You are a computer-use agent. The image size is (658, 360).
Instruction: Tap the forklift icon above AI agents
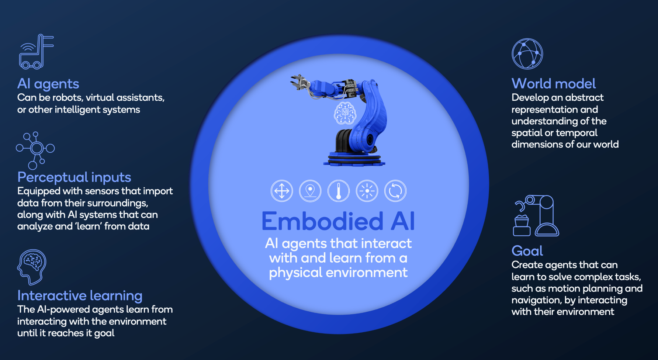coord(36,52)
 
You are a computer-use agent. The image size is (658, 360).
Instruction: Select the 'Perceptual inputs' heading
coord(74,177)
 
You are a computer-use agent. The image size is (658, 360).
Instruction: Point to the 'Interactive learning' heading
coord(80,295)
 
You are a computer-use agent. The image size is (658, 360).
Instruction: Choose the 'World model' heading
coord(553,84)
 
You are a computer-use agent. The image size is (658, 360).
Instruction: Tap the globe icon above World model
coord(527,54)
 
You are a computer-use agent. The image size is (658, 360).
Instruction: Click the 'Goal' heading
coord(527,251)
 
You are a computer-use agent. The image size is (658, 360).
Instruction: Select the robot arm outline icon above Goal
coord(536,215)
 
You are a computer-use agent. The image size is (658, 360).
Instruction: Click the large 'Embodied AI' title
coord(338,221)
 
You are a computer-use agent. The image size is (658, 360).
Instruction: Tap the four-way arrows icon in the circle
coord(282,191)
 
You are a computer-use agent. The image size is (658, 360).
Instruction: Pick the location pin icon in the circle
coord(310,191)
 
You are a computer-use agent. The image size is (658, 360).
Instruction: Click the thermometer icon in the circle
coord(339,191)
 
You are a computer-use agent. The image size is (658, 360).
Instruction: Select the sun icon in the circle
coord(367,191)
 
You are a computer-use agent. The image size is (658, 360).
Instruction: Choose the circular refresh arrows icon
coord(395,191)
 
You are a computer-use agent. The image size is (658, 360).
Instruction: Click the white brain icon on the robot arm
coord(345,113)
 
